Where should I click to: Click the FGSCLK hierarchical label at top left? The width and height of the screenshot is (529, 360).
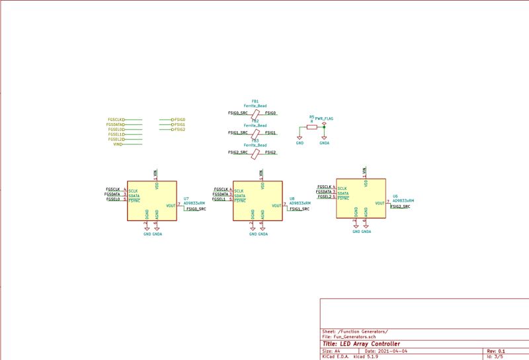tap(115, 120)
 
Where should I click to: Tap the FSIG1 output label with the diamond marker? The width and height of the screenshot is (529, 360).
tap(179, 124)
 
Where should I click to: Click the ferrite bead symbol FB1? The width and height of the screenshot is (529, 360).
tap(255, 113)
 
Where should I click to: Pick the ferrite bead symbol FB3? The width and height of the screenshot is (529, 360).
tap(255, 153)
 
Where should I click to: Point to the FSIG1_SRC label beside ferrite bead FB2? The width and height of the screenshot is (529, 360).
tap(237, 133)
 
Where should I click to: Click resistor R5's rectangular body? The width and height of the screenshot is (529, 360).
tap(311, 126)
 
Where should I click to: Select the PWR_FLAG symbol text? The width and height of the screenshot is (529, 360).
tap(324, 118)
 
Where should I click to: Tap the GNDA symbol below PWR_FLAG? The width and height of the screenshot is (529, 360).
tap(324, 142)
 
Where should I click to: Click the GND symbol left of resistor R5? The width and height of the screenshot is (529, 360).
tap(300, 142)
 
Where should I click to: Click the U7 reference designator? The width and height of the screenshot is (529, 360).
tap(186, 199)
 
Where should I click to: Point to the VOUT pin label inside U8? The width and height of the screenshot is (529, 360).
tap(276, 206)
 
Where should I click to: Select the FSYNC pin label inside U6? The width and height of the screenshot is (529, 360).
tap(343, 199)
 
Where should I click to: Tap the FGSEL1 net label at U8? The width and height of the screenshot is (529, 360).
tap(219, 199)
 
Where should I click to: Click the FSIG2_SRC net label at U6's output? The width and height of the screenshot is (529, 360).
tap(400, 207)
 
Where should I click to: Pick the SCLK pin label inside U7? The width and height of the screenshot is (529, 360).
tap(133, 191)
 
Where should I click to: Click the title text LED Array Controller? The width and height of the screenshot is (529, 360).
tap(360, 344)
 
